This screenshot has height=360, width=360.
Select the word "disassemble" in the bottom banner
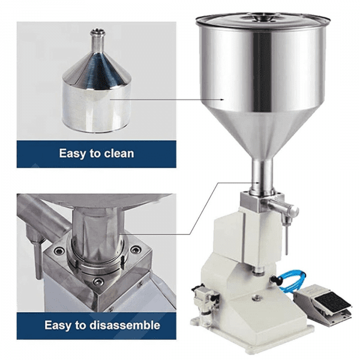click(x=125, y=325)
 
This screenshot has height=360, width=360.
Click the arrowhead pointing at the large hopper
click(x=222, y=100)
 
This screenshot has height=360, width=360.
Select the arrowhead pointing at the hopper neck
click(x=258, y=183)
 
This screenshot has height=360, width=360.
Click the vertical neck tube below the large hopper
click(x=262, y=175)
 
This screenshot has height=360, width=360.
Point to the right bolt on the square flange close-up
click(x=135, y=250)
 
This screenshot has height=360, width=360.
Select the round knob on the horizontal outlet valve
click(x=294, y=209)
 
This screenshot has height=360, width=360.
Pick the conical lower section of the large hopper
click(x=262, y=133)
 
